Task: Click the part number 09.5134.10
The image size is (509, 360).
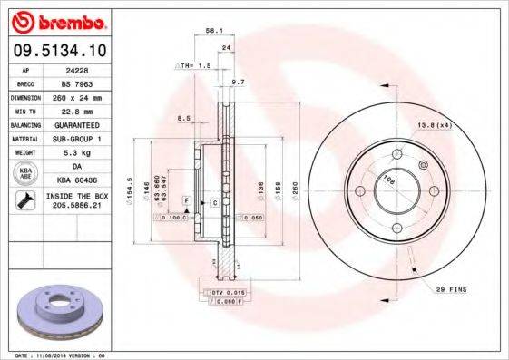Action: pos(58,50)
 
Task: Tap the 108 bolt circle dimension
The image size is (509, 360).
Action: pos(388,180)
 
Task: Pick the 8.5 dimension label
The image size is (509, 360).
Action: pos(184,118)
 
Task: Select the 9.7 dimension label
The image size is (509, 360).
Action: pos(239,83)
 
